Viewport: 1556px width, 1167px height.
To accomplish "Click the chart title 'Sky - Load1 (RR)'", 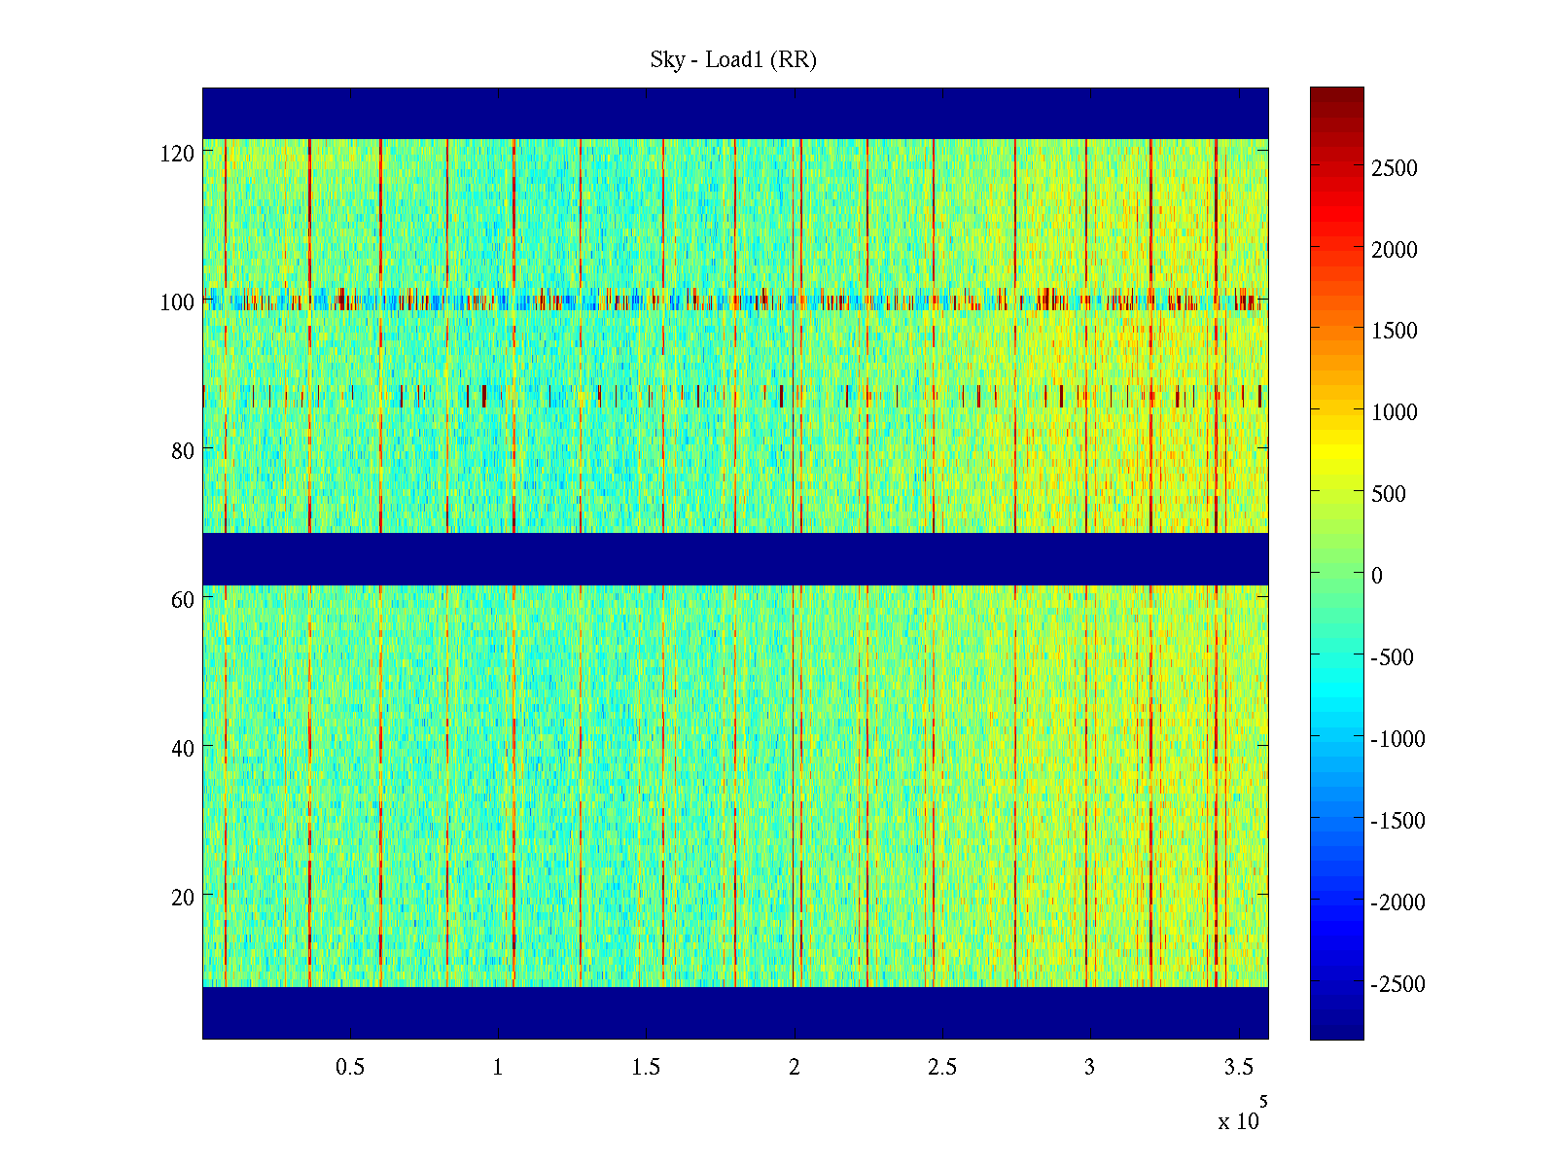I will click(733, 60).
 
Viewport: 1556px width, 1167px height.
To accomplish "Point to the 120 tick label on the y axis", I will click(177, 154).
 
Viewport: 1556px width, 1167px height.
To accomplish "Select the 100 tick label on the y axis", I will click(177, 302).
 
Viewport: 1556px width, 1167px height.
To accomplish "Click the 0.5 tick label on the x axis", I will click(350, 1068).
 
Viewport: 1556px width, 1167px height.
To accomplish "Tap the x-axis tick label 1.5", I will click(646, 1068).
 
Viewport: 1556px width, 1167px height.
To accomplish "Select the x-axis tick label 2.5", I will click(941, 1068).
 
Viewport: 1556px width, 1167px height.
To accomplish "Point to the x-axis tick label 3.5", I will click(1238, 1068).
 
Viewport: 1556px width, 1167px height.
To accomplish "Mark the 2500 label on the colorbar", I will click(1395, 169).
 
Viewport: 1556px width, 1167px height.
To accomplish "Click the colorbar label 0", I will click(1376, 576).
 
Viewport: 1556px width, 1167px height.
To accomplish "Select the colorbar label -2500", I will click(1397, 984).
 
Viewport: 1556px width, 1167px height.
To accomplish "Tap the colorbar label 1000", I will click(1395, 413).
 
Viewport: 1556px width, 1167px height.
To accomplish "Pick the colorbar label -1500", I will click(1397, 821).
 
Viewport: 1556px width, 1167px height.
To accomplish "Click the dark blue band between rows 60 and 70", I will click(735, 559).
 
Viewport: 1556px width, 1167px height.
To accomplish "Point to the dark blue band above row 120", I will click(735, 113).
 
